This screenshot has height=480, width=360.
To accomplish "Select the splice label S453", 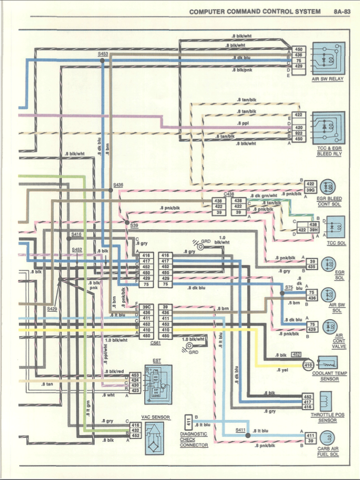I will [103, 54].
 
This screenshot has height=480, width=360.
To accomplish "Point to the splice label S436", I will [118, 185].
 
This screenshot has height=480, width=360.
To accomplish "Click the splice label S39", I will [134, 225].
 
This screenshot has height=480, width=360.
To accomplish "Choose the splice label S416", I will [76, 234].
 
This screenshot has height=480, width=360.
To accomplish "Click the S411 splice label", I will [240, 430].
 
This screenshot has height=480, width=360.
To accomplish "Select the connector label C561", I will [156, 343].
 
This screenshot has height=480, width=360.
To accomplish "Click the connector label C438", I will [229, 194].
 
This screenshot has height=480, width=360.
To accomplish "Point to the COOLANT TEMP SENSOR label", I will [329, 376].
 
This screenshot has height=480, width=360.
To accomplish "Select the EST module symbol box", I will [157, 384].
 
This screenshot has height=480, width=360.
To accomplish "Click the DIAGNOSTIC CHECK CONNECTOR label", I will [194, 440].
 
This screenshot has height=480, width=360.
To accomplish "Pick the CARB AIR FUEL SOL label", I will [328, 452].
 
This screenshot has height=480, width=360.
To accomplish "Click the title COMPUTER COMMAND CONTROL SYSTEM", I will [255, 12].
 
